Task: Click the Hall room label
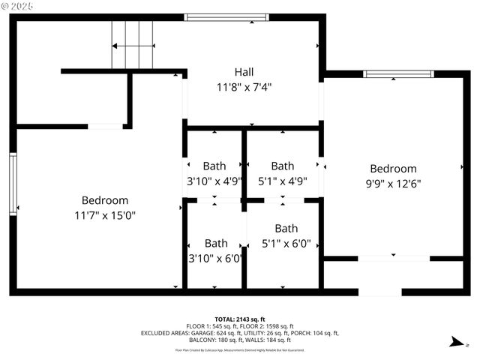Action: (244, 72)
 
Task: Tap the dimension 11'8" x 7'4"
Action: (244, 87)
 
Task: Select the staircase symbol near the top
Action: (133, 45)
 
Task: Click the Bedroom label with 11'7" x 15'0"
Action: (104, 200)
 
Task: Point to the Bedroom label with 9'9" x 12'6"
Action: (393, 169)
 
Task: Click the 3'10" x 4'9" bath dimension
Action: (214, 181)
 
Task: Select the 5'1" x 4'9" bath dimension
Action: (282, 181)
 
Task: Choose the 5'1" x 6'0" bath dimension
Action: (286, 243)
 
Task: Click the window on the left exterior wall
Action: (13, 184)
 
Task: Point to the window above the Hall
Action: (226, 16)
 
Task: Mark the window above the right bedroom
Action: (398, 73)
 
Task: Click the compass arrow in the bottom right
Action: (454, 343)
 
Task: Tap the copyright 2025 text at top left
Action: (22, 7)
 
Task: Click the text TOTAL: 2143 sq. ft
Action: (240, 319)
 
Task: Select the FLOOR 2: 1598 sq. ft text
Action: (268, 326)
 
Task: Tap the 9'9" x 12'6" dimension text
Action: (393, 183)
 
